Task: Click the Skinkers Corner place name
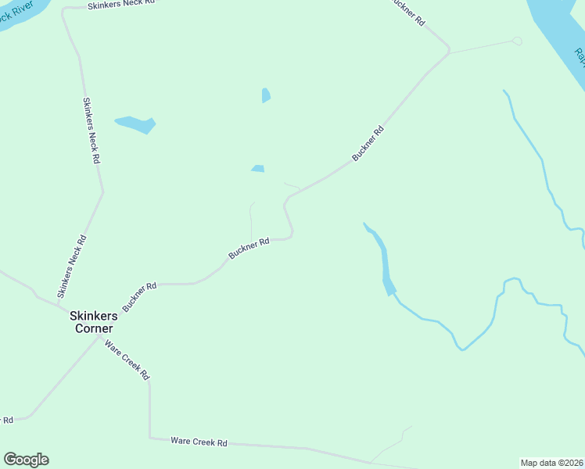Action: click(93, 322)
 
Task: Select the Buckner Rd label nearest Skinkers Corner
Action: click(139, 296)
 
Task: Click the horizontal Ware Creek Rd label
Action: click(199, 442)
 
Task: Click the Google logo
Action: click(26, 460)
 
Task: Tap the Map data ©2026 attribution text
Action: click(552, 463)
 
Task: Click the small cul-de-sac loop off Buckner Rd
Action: click(516, 41)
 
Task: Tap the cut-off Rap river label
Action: click(580, 57)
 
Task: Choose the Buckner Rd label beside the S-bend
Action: click(249, 249)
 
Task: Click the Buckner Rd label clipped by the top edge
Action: click(407, 12)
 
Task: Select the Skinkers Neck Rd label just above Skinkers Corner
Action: click(71, 266)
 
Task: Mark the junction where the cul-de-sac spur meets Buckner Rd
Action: click(450, 52)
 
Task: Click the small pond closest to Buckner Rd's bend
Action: click(258, 168)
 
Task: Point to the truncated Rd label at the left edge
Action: click(7, 420)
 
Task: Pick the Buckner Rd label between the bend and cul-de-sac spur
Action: click(368, 143)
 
